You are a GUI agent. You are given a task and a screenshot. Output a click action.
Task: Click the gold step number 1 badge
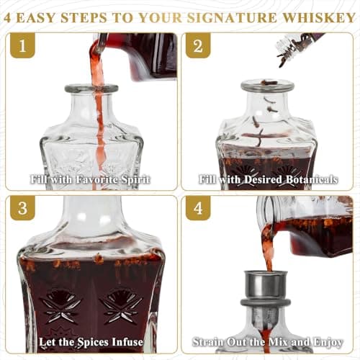tap(26, 48)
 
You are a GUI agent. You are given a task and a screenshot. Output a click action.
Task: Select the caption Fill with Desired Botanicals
tap(269, 179)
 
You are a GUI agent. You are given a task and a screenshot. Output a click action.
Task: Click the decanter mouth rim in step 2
tap(267, 86)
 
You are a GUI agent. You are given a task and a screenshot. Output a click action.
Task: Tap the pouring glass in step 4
tap(310, 227)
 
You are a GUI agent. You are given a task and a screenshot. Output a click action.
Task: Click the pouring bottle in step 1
tap(140, 54)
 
